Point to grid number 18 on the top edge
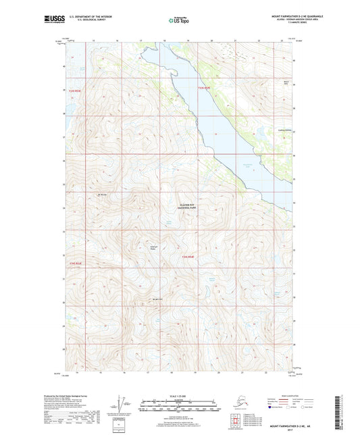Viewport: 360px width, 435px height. (x=164, y=41)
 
